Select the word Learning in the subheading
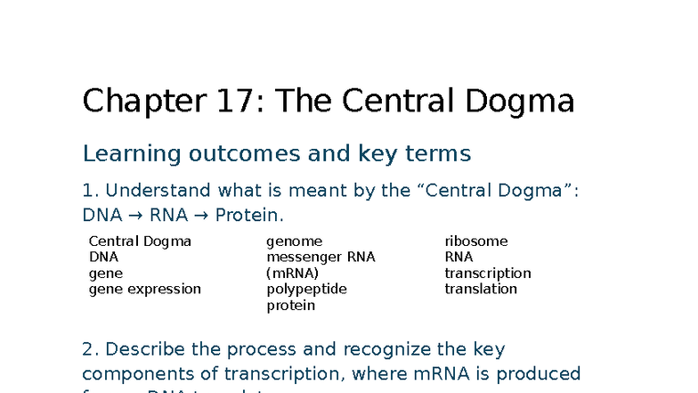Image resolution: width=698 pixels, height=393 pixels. [125, 155]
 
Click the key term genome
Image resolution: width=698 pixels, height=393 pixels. [294, 242]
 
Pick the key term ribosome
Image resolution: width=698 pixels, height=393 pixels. [476, 242]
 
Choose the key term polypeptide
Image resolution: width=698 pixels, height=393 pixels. [306, 290]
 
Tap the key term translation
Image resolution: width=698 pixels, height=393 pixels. [481, 290]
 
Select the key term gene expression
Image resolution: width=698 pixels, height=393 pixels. [144, 290]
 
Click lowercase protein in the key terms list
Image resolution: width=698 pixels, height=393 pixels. [290, 306]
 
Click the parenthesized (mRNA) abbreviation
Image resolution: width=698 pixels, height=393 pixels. [292, 274]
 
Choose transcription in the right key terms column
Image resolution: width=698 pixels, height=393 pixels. [488, 274]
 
